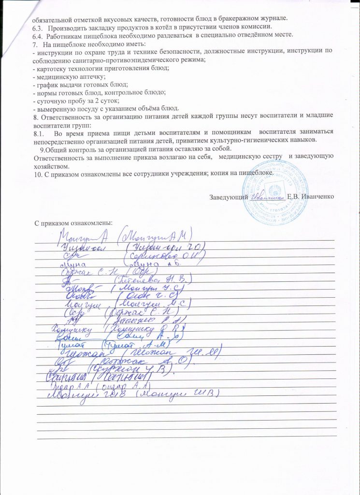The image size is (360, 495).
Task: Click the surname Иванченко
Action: pyautogui.click(x=317, y=196)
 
